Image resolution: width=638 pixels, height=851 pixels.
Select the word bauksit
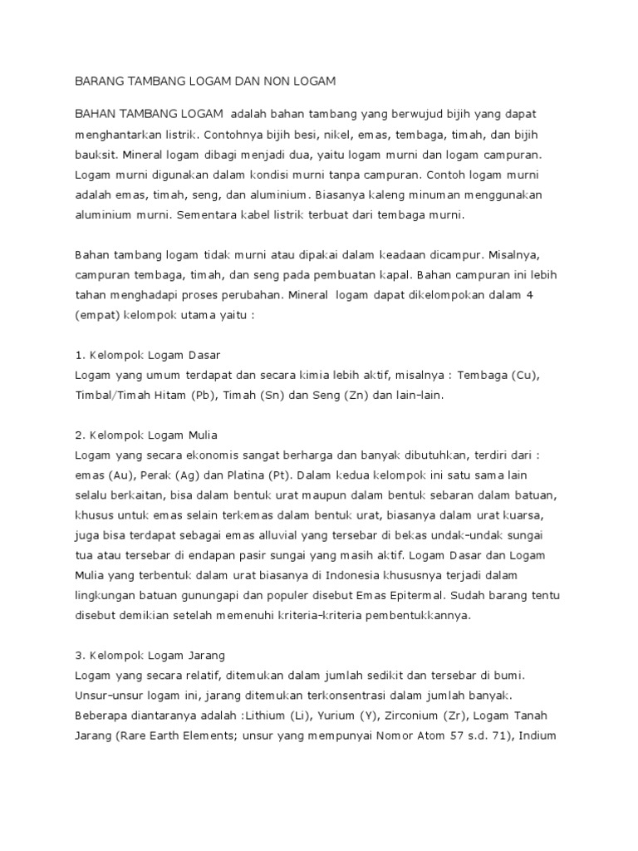point(97,154)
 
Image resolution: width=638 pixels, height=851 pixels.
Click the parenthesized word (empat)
point(98,315)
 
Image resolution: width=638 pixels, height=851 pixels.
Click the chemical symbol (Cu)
point(523,376)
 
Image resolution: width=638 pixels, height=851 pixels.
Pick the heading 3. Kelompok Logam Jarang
point(150,656)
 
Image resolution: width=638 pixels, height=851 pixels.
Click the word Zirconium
point(405,716)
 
